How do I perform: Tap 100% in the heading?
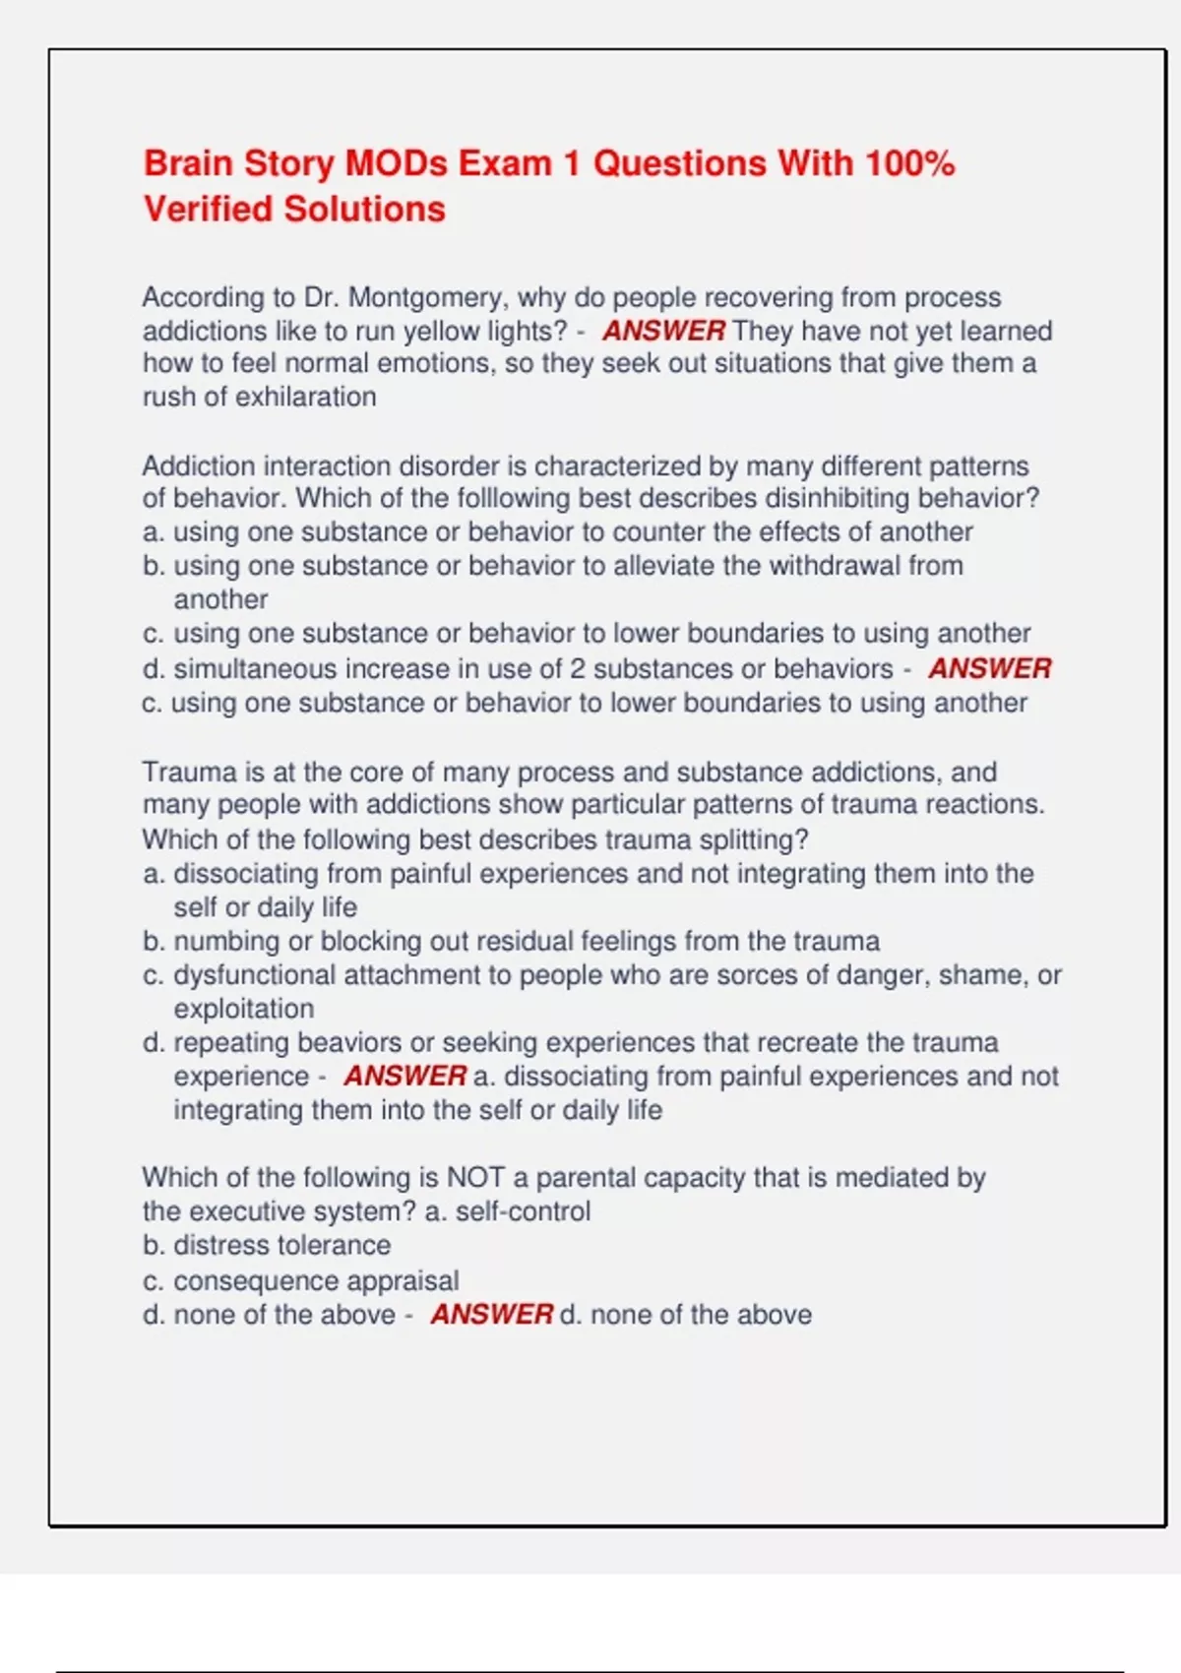click(909, 163)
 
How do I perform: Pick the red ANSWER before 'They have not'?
click(663, 331)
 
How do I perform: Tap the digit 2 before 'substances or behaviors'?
click(577, 669)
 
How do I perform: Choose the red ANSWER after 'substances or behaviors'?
click(989, 669)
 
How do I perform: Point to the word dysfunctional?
click(253, 975)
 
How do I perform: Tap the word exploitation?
click(244, 1009)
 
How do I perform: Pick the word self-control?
click(523, 1211)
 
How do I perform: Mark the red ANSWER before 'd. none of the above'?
click(491, 1315)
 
